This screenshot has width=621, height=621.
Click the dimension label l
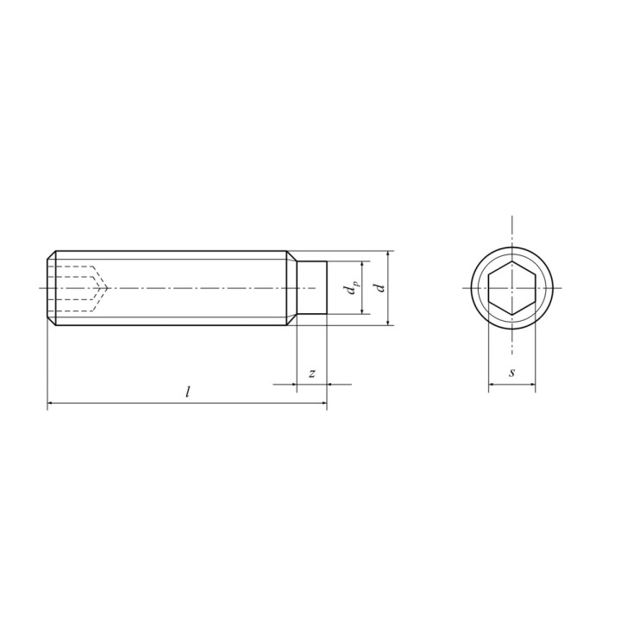tap(188, 392)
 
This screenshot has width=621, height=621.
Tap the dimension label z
tap(312, 373)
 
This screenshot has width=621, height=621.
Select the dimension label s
tap(512, 373)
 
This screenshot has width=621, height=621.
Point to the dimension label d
tap(380, 287)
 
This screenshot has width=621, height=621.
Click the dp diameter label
tap(351, 288)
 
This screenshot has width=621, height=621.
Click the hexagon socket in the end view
tap(511, 288)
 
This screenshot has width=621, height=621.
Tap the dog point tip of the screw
tap(312, 288)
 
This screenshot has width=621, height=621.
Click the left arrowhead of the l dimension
tap(50, 403)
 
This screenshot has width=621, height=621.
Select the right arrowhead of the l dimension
tap(324, 403)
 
